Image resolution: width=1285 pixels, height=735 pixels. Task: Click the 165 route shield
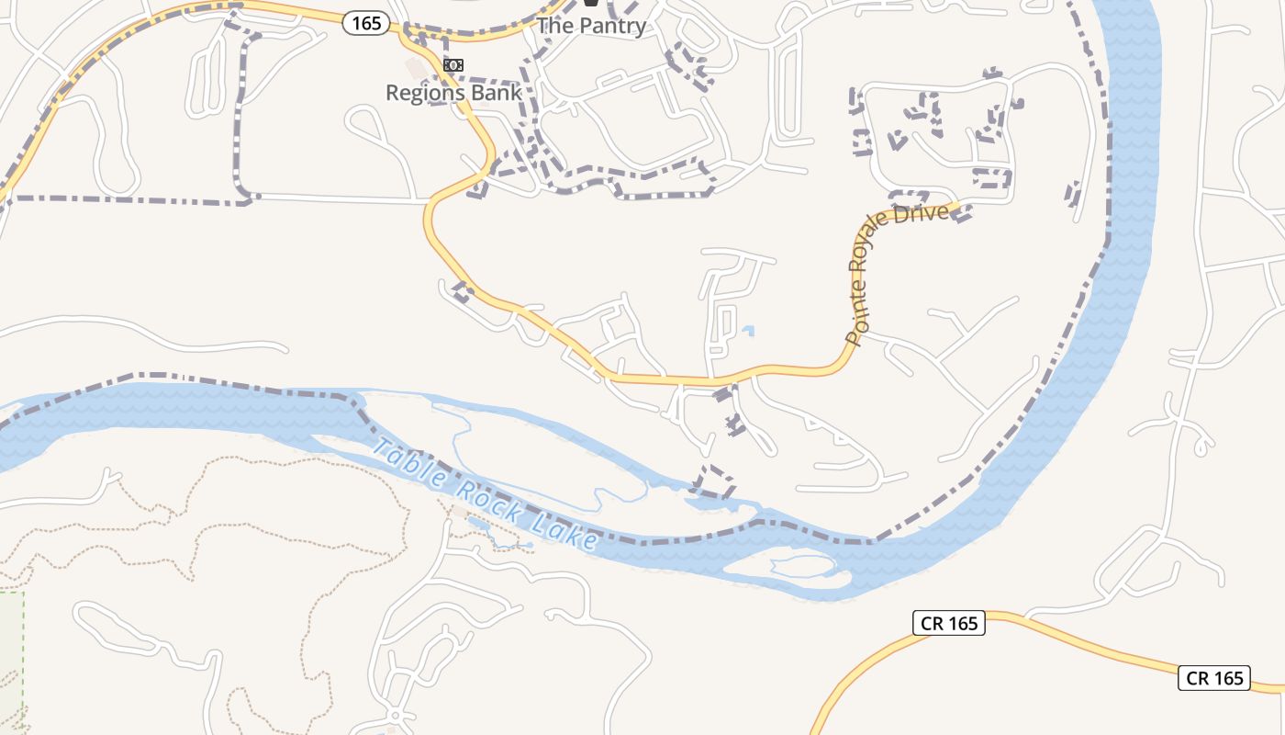(x=366, y=23)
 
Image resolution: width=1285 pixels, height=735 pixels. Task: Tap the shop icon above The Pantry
(x=591, y=5)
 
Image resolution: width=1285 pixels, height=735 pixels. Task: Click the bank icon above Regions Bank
(x=453, y=65)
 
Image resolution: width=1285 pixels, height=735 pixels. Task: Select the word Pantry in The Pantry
(x=611, y=26)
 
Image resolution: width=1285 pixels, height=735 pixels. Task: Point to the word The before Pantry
(x=553, y=26)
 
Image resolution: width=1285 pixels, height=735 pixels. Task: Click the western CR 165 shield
(x=949, y=623)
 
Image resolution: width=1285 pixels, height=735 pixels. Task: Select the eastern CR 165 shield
(x=1214, y=678)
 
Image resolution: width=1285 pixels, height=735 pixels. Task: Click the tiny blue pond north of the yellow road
(x=748, y=330)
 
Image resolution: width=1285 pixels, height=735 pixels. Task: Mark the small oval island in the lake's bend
(x=801, y=565)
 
